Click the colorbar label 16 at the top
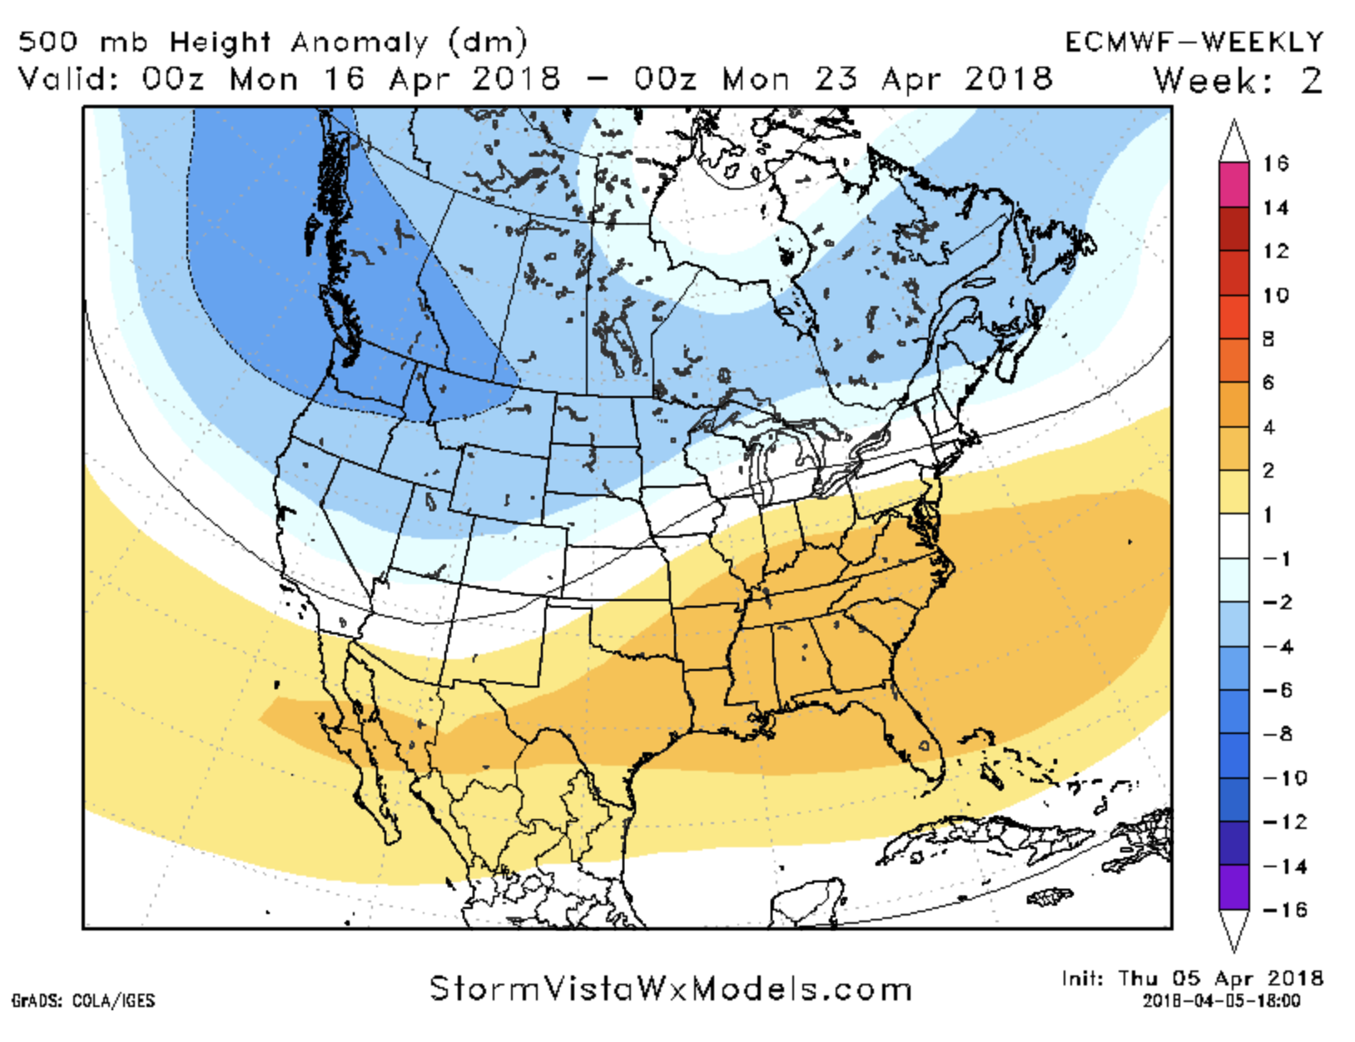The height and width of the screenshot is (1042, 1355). coord(1275,163)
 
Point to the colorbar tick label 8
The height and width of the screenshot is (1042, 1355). coord(1268,339)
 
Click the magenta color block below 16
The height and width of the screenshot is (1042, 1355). coord(1234,185)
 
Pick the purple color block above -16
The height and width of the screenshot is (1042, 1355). coord(1234,887)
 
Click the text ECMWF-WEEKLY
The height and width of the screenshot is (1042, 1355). coord(1194,42)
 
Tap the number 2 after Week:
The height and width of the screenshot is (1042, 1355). coord(1312,81)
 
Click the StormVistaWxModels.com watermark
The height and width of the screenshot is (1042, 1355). coord(671,989)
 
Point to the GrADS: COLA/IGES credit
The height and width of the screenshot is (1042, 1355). coord(83,1000)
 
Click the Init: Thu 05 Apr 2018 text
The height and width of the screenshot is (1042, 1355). coord(1192,978)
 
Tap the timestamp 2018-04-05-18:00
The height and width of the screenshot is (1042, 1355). coord(1221,1000)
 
